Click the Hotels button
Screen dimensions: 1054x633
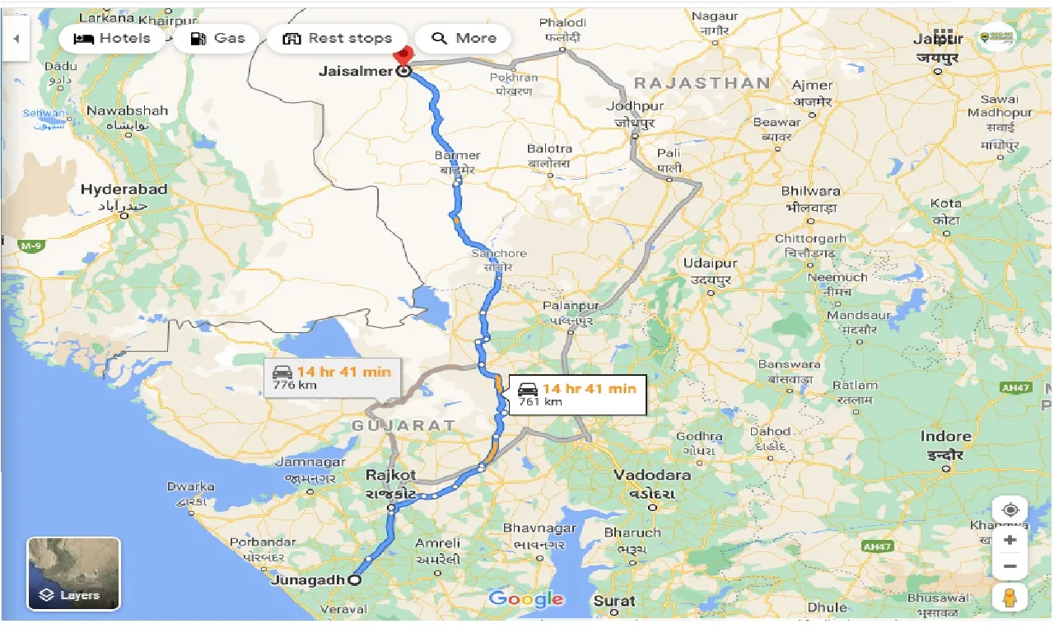[x=112, y=39]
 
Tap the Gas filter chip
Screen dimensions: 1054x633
[x=217, y=39]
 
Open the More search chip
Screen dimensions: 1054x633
[x=463, y=39]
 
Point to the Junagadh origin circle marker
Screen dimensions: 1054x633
[x=354, y=580]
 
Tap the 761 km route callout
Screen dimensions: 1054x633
[x=578, y=394]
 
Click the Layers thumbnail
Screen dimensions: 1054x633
[x=74, y=574]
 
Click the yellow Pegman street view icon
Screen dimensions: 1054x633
[x=1010, y=597]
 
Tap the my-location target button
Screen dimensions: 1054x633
[x=1010, y=509]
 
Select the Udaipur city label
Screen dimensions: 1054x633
[x=711, y=264]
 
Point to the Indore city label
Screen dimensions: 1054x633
[x=946, y=437]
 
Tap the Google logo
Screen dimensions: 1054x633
[x=525, y=599]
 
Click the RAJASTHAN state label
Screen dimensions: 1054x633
[x=702, y=83]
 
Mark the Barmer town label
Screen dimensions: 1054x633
[x=457, y=155]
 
